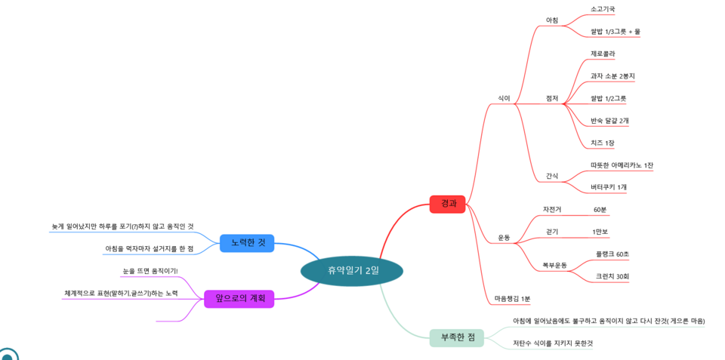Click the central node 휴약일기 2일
[352, 270]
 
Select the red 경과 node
[448, 204]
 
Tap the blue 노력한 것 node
[247, 243]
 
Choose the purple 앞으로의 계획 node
[239, 299]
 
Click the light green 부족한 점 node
[457, 337]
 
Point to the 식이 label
[504, 98]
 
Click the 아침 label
[552, 20]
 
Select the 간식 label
[552, 177]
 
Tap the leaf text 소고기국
[603, 9]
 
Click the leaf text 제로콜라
[603, 54]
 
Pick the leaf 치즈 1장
[603, 143]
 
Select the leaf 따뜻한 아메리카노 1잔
[622, 165]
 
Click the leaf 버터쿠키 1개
[609, 187]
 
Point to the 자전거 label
[552, 209]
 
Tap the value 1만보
[600, 232]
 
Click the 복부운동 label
[555, 265]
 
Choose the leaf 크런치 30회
[612, 276]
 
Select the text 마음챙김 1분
[512, 299]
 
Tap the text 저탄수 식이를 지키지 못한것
[553, 343]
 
